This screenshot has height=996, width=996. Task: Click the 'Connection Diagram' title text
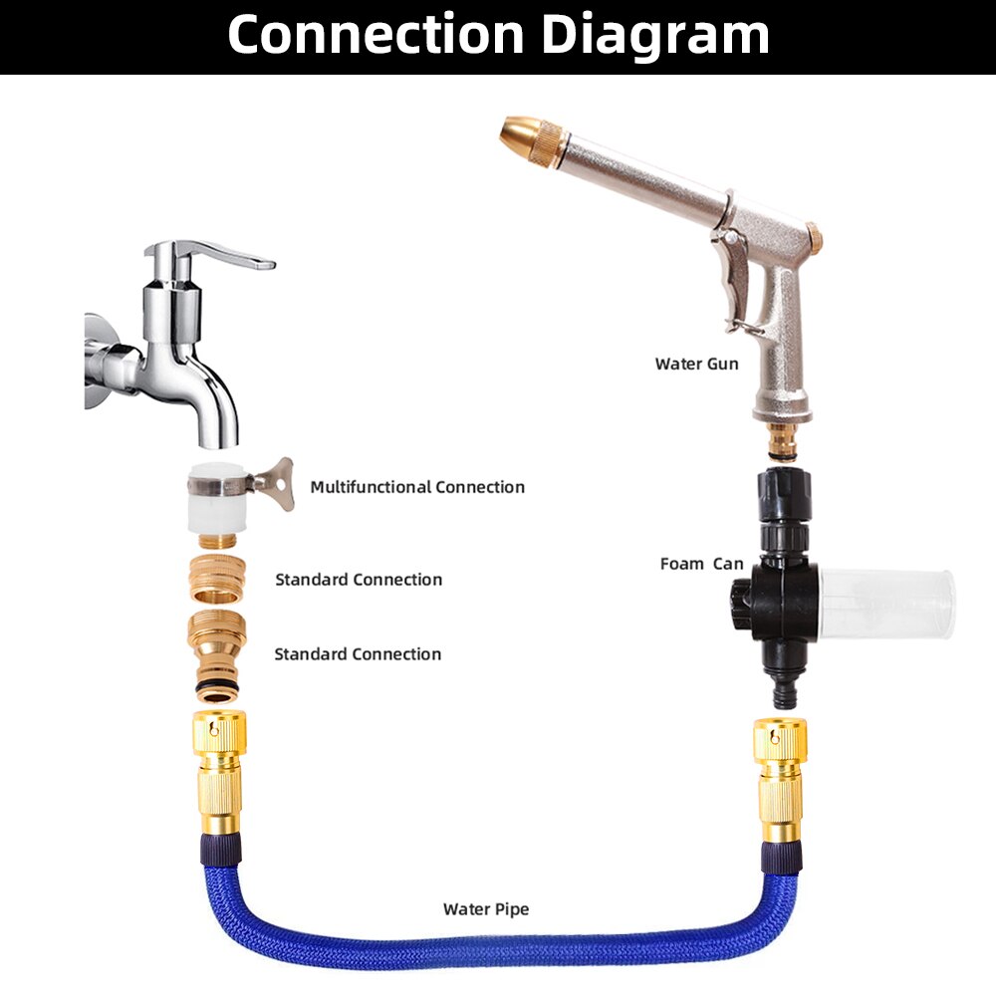tap(498, 34)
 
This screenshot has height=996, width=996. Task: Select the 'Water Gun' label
tap(697, 364)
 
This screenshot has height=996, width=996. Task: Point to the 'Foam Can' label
tap(701, 564)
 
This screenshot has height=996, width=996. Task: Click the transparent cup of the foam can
tap(886, 604)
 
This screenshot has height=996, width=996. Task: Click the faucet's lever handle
tap(209, 253)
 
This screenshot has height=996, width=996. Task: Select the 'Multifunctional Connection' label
tap(417, 487)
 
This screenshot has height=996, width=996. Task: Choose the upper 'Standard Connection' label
tap(359, 580)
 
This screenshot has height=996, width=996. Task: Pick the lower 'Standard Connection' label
tap(358, 654)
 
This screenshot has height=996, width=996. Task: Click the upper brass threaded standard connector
tap(218, 579)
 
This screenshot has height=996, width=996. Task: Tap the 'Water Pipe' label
tap(486, 909)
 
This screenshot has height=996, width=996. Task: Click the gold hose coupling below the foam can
tap(780, 780)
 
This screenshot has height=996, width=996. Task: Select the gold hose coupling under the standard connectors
tap(219, 773)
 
